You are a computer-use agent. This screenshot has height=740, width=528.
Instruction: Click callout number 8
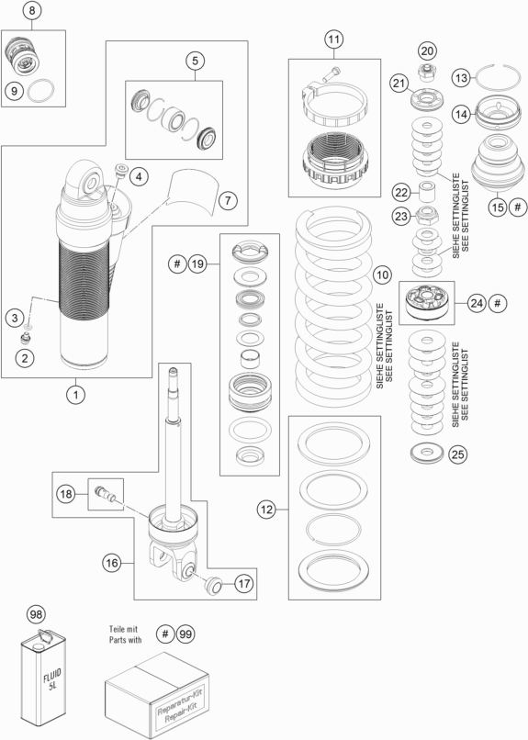(32, 10)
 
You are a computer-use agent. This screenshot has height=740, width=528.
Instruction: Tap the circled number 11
(334, 39)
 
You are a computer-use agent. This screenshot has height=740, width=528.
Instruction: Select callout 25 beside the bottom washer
(458, 454)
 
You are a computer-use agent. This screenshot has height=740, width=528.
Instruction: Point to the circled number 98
(37, 614)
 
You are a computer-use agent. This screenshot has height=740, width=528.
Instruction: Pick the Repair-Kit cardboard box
(157, 696)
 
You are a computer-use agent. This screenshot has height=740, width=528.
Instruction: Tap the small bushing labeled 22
(428, 190)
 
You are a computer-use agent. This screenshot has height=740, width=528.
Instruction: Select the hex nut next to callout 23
(428, 215)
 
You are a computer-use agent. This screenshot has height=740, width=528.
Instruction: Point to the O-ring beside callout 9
(40, 91)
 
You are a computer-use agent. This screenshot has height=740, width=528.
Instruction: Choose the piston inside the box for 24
(427, 302)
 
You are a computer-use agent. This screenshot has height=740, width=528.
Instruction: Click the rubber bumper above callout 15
(498, 163)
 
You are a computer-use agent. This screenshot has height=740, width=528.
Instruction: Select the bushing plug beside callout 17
(214, 584)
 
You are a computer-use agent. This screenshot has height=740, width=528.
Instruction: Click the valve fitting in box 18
(106, 493)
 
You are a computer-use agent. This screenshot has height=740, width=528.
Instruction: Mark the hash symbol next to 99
(164, 633)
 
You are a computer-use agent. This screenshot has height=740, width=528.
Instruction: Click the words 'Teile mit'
(123, 629)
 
